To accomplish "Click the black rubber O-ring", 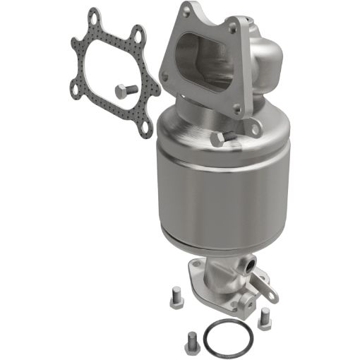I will pyautogui.click(x=227, y=342).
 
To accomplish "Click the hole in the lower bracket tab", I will pyautogui.click(x=268, y=287).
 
